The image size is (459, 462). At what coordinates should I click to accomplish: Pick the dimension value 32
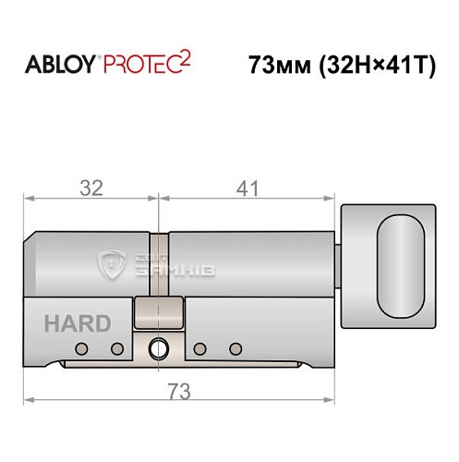coord(90,188)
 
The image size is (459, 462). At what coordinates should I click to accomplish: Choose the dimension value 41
coord(245,188)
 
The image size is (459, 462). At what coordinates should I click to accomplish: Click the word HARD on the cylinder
coord(77,323)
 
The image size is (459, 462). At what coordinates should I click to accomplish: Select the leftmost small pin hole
coord(81,348)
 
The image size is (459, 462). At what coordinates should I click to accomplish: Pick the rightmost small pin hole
coord(235,348)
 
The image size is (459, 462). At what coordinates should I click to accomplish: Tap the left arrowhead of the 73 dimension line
coord(29,400)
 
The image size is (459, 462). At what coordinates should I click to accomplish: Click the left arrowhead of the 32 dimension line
coord(29,197)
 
